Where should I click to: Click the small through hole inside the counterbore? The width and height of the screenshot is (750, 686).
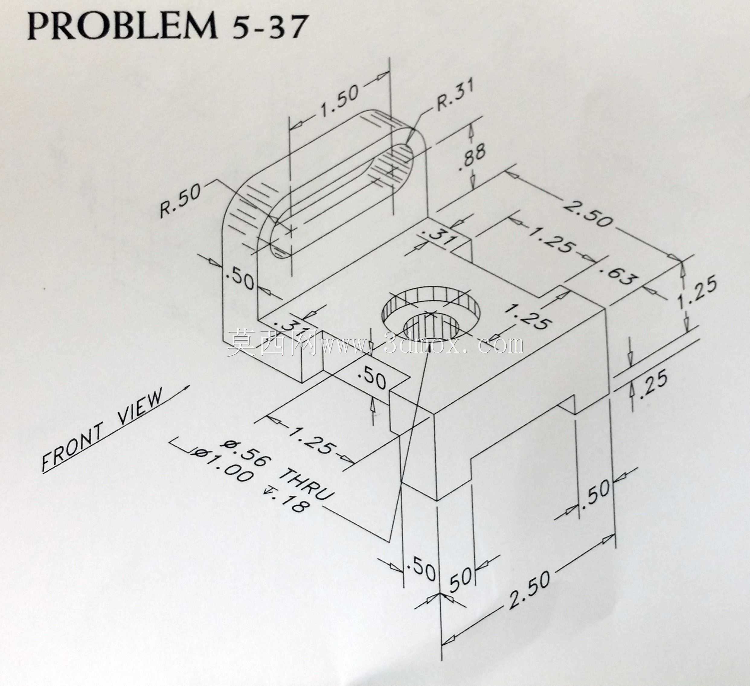tap(431, 329)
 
